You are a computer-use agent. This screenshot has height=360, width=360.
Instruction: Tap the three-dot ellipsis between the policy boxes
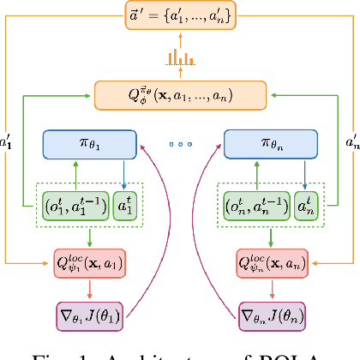point(181,145)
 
